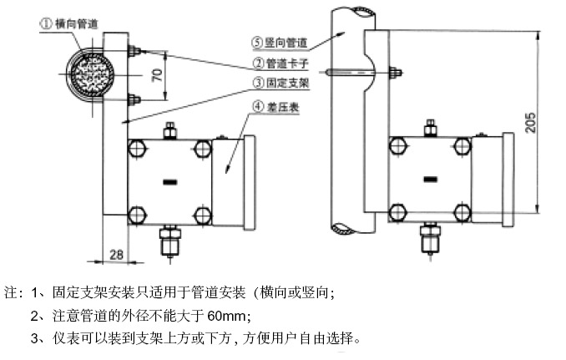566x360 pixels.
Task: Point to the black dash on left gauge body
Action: pos(171,181)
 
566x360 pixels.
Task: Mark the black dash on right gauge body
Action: pos(431,180)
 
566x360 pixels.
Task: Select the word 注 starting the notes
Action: pos(12,293)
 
